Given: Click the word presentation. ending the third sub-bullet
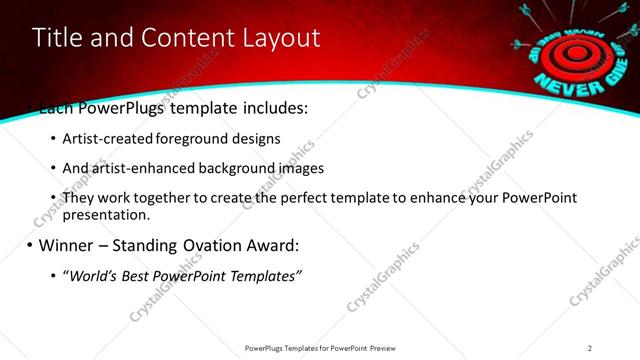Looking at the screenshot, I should (105, 214).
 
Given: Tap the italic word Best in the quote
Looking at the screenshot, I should (136, 275).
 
